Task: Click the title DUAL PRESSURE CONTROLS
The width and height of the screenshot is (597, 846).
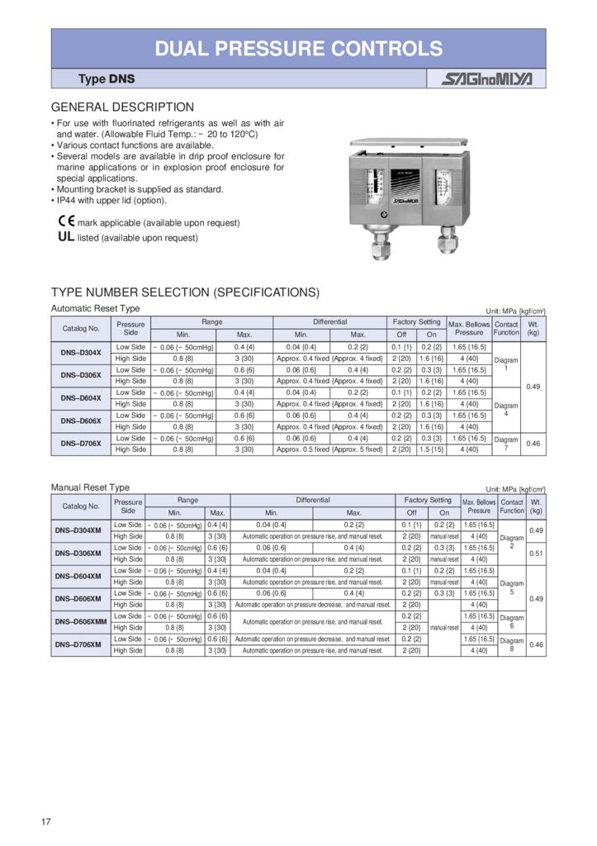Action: pos(298,48)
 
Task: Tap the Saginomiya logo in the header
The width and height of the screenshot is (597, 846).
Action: pos(486,79)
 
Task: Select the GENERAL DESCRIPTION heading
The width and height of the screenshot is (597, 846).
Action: pos(122,107)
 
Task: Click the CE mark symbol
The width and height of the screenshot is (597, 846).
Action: pos(66,221)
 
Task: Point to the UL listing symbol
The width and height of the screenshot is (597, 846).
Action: pos(66,237)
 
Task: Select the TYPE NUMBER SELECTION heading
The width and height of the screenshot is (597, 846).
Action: pos(185,292)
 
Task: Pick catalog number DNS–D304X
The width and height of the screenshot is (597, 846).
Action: pos(81,353)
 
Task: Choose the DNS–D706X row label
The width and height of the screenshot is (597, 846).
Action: pos(81,444)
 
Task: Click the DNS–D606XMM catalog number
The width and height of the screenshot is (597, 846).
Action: pos(81,621)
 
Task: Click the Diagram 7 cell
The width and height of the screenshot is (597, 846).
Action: pos(506,444)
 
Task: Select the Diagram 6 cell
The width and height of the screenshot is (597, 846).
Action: pos(512,621)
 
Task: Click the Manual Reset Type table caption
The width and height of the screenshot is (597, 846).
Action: pos(90,487)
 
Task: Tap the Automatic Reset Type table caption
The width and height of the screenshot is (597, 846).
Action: pos(95,308)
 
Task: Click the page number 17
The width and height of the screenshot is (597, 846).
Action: pos(47,821)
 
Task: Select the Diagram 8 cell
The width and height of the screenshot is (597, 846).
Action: pos(512,644)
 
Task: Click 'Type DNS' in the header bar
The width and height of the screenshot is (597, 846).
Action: pos(107,79)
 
